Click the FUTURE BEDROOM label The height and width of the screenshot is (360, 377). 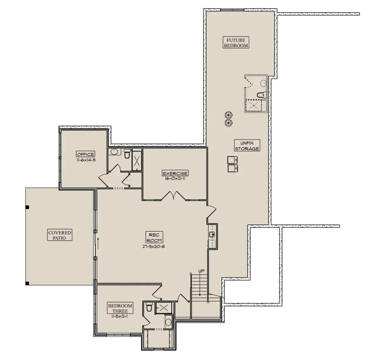click(x=236, y=43)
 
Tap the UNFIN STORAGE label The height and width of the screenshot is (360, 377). click(x=247, y=146)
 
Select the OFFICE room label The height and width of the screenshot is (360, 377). click(x=85, y=154)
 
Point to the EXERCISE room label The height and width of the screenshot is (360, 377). click(x=175, y=173)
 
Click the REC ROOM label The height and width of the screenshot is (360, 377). click(x=154, y=238)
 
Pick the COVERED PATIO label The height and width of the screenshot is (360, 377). click(x=60, y=235)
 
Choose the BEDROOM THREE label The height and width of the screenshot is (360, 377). click(x=120, y=308)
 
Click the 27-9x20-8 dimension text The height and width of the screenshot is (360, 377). click(x=154, y=247)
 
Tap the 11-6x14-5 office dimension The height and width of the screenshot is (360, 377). click(x=86, y=160)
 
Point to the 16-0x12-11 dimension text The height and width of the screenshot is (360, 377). click(x=175, y=178)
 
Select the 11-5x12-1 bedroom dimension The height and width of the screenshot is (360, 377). click(x=120, y=316)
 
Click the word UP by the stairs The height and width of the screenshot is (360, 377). click(x=201, y=271)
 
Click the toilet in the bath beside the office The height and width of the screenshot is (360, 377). click(x=127, y=154)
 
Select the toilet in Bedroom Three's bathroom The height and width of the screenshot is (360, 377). click(x=149, y=307)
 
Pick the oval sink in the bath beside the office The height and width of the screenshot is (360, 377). click(x=114, y=151)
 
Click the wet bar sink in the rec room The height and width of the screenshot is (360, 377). click(x=212, y=235)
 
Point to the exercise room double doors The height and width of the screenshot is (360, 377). click(x=174, y=196)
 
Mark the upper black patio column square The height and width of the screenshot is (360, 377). click(x=27, y=207)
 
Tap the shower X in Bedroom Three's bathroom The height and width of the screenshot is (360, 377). click(x=164, y=308)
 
